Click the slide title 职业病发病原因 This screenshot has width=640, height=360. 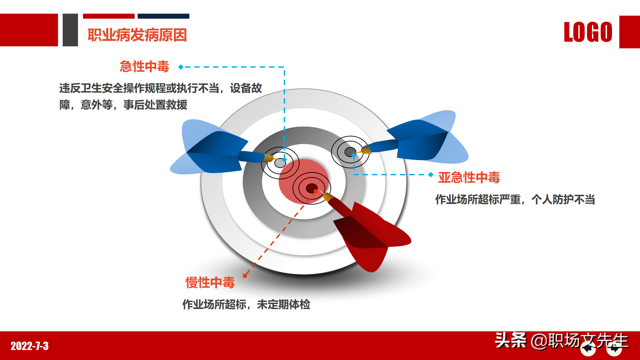pos(137,35)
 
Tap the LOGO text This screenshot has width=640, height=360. pos(588,32)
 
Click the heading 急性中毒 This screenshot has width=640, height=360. pos(144,67)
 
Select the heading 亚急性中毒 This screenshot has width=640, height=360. pos(469,177)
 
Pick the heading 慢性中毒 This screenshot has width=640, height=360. pos(210,283)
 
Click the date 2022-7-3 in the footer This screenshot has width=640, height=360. pos(30,346)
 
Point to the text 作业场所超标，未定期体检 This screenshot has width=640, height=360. pos(246,304)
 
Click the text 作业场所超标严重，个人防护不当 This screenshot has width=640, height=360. pos(515,199)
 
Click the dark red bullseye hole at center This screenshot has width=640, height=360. pos(312,188)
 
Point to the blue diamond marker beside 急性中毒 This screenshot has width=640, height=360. pos(181,67)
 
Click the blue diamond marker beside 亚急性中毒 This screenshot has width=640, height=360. pos(431,174)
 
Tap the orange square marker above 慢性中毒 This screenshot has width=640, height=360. pos(245,276)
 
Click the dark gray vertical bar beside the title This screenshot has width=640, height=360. pos(70,30)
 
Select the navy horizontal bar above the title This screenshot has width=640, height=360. pos(163,16)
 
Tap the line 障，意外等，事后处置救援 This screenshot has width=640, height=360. pos(123,105)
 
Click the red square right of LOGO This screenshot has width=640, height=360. pos(629,32)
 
